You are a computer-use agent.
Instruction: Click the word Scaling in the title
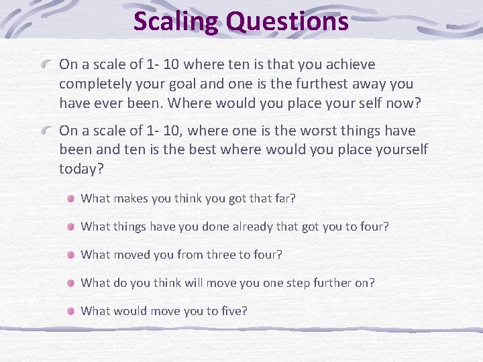tap(176, 21)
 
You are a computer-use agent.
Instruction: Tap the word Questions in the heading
tap(287, 21)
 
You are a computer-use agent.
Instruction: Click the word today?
tap(81, 170)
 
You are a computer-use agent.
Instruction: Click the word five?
tap(231, 311)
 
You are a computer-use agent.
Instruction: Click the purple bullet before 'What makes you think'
tap(70, 198)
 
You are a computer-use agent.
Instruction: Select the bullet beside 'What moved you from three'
tap(70, 255)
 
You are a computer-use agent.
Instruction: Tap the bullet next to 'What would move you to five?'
tap(70, 311)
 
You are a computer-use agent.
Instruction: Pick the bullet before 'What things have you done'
tap(70, 227)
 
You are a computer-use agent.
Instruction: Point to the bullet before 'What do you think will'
tap(70, 283)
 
